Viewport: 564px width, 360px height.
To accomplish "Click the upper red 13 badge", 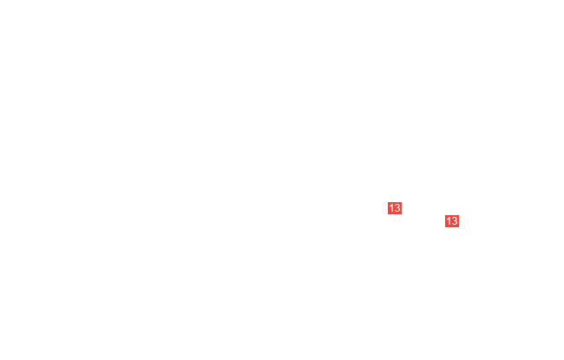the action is click(x=395, y=208).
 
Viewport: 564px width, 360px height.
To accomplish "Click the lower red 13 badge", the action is click(x=452, y=221).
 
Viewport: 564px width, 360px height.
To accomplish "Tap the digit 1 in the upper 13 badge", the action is click(x=391, y=208).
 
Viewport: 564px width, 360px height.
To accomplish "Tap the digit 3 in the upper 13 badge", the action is click(x=397, y=208).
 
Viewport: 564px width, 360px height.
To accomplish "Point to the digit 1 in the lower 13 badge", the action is click(x=449, y=221).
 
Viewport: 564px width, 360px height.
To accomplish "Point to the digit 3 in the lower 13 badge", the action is click(x=455, y=221).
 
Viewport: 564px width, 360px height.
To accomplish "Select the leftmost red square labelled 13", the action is click(x=395, y=208).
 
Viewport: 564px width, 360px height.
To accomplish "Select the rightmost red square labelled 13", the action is click(x=452, y=221).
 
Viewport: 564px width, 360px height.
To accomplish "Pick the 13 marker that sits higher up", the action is click(x=395, y=208).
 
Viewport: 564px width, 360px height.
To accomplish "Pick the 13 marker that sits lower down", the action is click(x=452, y=221).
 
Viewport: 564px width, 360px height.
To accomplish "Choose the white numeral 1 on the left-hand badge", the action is click(x=391, y=208).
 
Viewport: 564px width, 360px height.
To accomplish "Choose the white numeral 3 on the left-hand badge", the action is click(x=397, y=208).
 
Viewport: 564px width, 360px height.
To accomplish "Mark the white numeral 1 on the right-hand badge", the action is click(x=449, y=221).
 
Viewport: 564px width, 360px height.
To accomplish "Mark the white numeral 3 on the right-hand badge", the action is click(x=455, y=221).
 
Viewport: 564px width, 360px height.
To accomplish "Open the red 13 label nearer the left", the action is click(x=395, y=208).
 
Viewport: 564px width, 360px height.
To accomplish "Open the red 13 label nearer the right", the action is click(x=452, y=221).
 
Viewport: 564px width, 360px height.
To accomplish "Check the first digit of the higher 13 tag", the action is click(x=391, y=208).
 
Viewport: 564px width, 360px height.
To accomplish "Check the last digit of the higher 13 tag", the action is click(x=397, y=208).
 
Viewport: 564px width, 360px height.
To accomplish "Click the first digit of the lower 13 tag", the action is click(x=449, y=221).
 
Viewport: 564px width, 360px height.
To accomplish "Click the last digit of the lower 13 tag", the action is click(x=455, y=221).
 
